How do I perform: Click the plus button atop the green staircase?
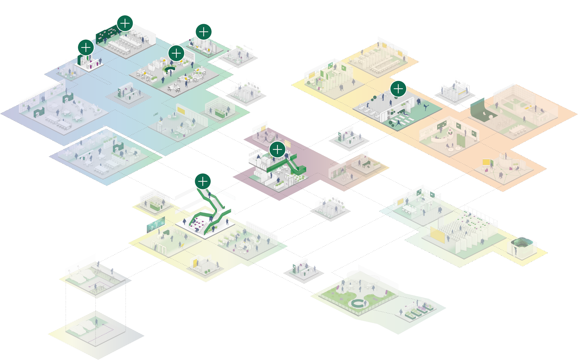[203, 182]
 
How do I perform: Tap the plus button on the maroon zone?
[277, 149]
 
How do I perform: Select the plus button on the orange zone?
[398, 89]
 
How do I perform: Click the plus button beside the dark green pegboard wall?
[125, 23]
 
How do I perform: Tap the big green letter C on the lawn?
[358, 304]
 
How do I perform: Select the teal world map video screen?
[156, 224]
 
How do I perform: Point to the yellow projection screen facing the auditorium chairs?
[437, 235]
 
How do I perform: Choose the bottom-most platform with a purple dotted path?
[96, 334]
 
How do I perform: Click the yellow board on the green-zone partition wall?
[181, 110]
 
